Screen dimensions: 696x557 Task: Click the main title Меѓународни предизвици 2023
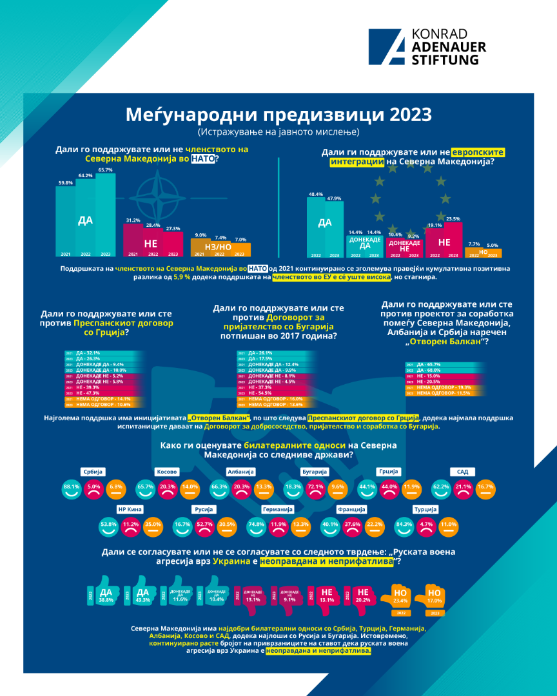(x=278, y=115)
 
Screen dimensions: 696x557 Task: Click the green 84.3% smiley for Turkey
(x=406, y=525)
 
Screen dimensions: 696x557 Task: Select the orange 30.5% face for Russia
(x=226, y=525)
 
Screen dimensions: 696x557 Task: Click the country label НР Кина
(x=128, y=509)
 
